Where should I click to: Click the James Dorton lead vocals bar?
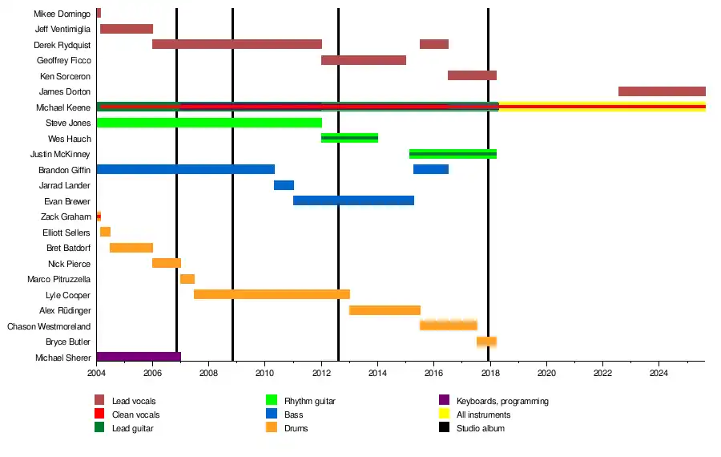[x=662, y=91]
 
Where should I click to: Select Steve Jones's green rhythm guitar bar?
[x=209, y=123]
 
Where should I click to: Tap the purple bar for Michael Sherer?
[x=139, y=357]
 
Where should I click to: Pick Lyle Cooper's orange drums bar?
[x=272, y=294]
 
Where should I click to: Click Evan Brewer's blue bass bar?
[x=353, y=200]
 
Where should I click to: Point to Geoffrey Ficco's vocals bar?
[x=364, y=60]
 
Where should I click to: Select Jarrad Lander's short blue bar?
[x=284, y=185]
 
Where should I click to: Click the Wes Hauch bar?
[x=349, y=138]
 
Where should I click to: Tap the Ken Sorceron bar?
[x=472, y=75]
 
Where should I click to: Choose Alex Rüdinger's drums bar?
[x=385, y=310]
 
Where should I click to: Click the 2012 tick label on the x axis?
[x=321, y=373]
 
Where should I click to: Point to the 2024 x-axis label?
[x=659, y=373]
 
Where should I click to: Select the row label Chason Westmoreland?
[x=49, y=326]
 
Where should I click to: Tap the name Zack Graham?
[x=66, y=216]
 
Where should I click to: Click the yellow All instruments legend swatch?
[x=445, y=415]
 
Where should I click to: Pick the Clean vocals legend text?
[x=135, y=415]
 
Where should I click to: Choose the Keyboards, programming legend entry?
[x=502, y=401]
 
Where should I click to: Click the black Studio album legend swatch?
[x=445, y=428]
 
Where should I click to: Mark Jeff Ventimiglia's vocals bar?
[x=127, y=29]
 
